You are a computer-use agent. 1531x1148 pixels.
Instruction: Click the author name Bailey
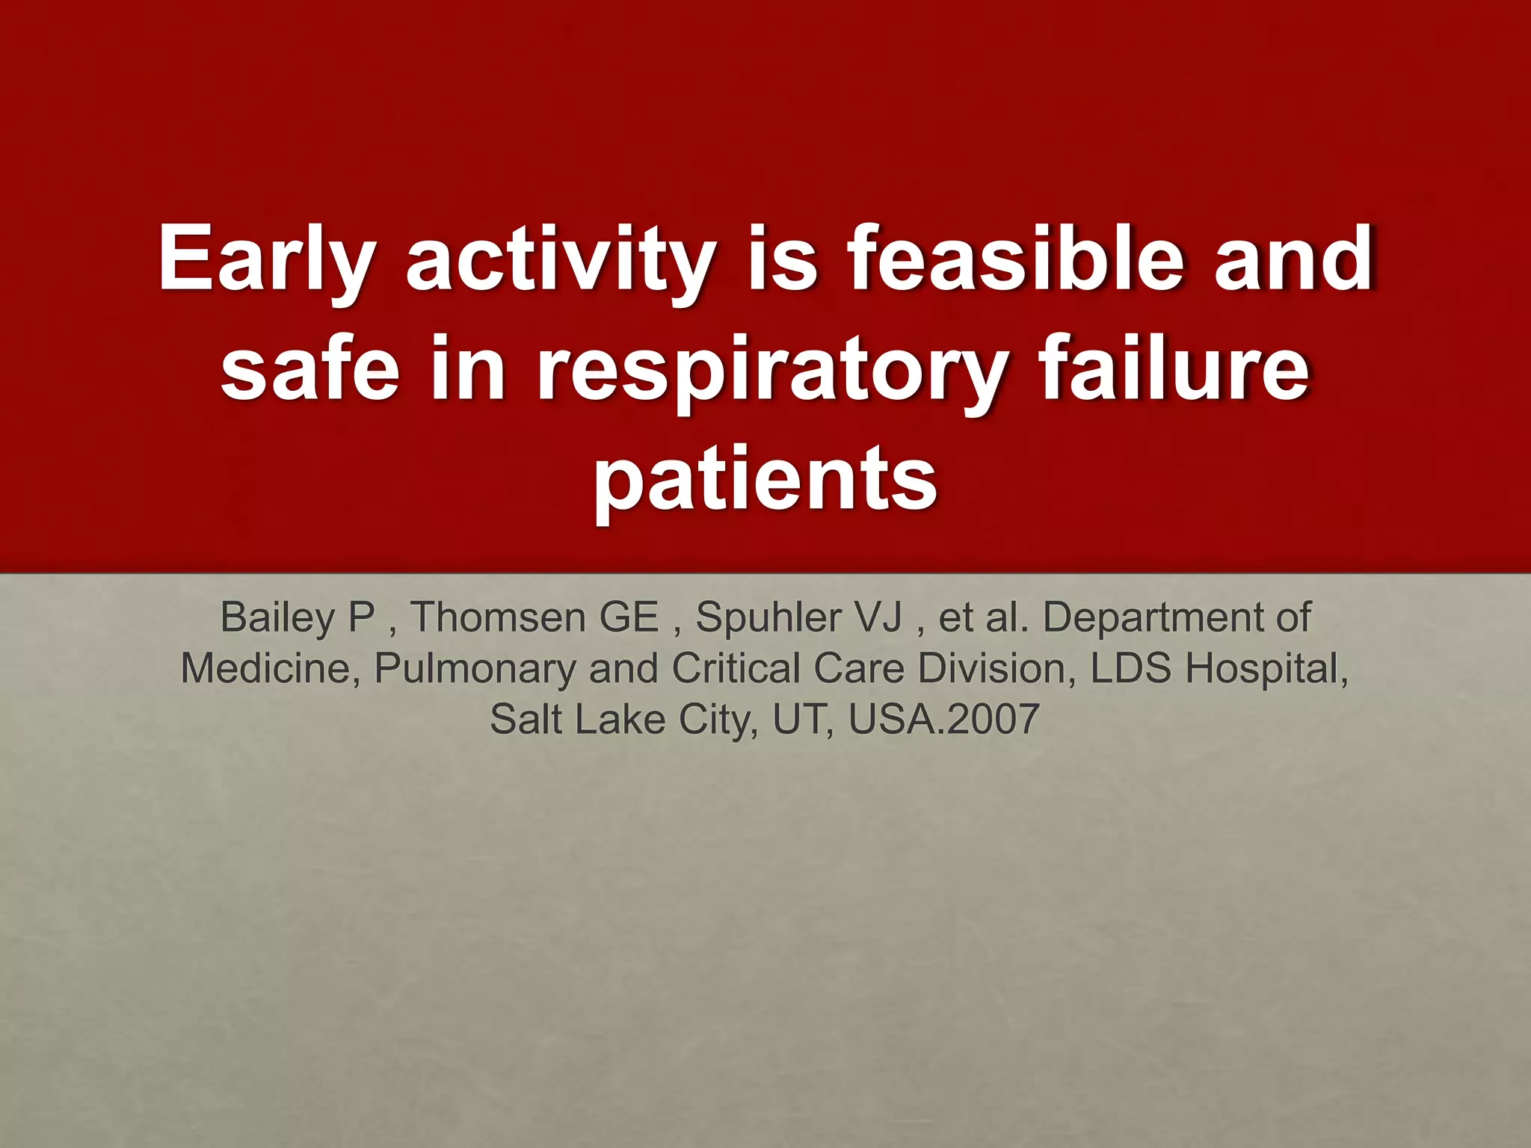(x=277, y=618)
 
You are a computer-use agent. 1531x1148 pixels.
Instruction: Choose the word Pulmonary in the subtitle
(x=475, y=669)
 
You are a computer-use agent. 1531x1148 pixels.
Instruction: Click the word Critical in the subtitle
(x=736, y=669)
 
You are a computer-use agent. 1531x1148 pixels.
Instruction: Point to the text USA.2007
(x=943, y=720)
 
